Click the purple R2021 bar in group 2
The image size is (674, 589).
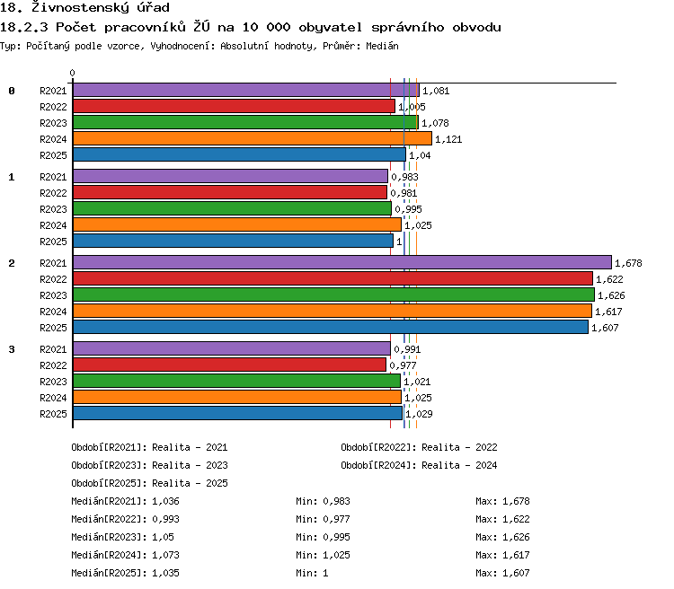[x=342, y=262]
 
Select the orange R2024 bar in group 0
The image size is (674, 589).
[x=253, y=138]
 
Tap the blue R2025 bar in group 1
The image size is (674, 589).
[x=233, y=241]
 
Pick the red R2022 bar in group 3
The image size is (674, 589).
[x=229, y=365]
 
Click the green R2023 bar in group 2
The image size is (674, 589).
[x=333, y=294]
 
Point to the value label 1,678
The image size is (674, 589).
[x=628, y=263]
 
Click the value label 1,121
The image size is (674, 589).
[x=448, y=139]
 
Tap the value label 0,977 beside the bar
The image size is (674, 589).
[x=403, y=365]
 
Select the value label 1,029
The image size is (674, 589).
[x=419, y=414]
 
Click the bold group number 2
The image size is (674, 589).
[x=12, y=263]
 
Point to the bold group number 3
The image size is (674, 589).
[x=12, y=349]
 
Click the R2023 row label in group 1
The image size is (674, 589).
[x=53, y=209]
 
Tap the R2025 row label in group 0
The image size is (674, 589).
[x=53, y=155]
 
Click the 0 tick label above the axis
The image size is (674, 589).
[x=72, y=73]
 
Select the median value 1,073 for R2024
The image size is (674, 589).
[x=165, y=555]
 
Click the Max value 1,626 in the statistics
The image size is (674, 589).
[x=516, y=537]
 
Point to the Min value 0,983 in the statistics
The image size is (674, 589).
[x=337, y=501]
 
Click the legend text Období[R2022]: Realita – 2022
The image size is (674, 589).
[x=419, y=448]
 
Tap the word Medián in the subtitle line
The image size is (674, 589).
[x=382, y=46]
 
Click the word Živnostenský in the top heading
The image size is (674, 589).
[x=80, y=7]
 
